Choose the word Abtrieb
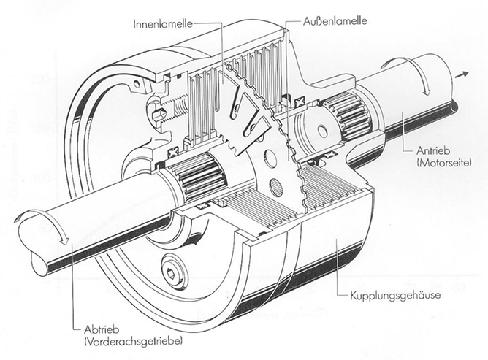click(x=102, y=327)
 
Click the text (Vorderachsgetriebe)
click(x=136, y=341)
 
